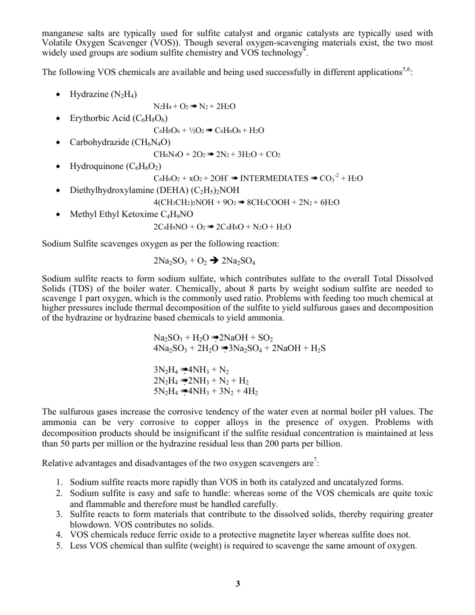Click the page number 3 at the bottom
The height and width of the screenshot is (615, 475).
238,583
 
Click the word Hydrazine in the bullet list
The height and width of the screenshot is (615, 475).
87,94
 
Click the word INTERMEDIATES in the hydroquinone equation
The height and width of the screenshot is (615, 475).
274,178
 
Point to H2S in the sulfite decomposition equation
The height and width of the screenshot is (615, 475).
317,348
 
